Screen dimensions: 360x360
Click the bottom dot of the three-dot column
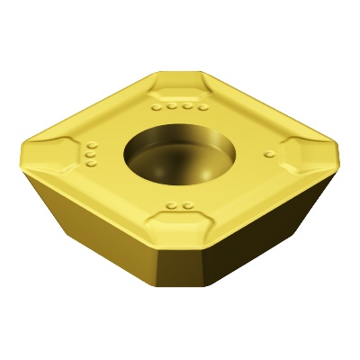[x=91, y=165]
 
